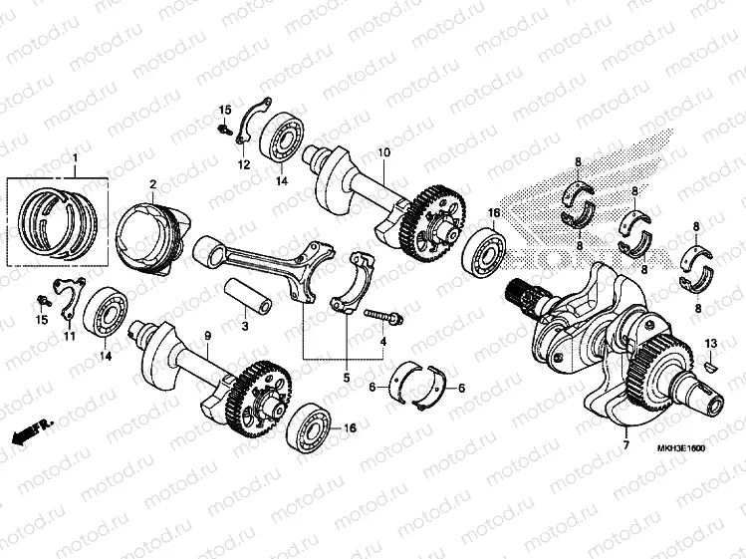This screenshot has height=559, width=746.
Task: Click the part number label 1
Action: pos(73,158)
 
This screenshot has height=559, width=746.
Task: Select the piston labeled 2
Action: pos(149,236)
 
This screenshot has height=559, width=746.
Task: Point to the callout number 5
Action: pos(346,378)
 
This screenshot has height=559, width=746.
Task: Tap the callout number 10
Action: pos(381,152)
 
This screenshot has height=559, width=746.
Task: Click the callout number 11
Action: pos(70,337)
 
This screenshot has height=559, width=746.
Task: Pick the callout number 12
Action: pos(243,164)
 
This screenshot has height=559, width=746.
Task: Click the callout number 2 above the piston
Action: pos(153,184)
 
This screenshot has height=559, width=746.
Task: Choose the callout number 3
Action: pos(245,326)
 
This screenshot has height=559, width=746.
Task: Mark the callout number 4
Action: pos(382,342)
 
